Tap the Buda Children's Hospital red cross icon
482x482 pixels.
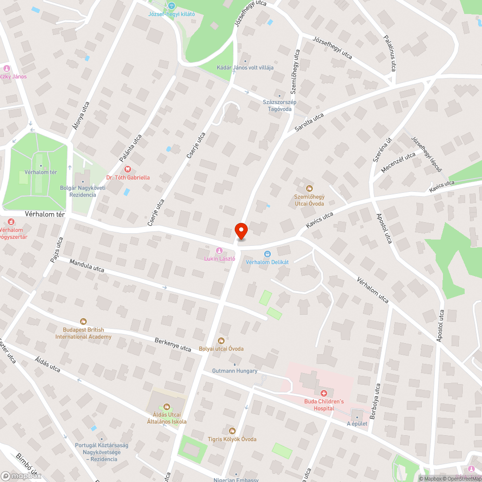coord(324,393)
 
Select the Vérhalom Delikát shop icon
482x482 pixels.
coord(267,254)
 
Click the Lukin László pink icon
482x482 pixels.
coord(219,251)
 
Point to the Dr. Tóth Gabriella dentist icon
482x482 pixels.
coord(128,169)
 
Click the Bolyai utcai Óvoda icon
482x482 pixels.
coord(222,341)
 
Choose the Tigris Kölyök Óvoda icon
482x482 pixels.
coord(232,431)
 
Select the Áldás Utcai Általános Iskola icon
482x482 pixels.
coord(167,407)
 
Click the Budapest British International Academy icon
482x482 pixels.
coord(83,321)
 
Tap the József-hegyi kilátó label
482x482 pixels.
coord(172,14)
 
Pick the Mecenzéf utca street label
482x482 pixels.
coord(398,163)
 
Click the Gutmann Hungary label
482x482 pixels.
coord(235,371)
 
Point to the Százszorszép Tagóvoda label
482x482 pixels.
coord(280,106)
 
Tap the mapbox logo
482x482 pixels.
coord(22,475)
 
